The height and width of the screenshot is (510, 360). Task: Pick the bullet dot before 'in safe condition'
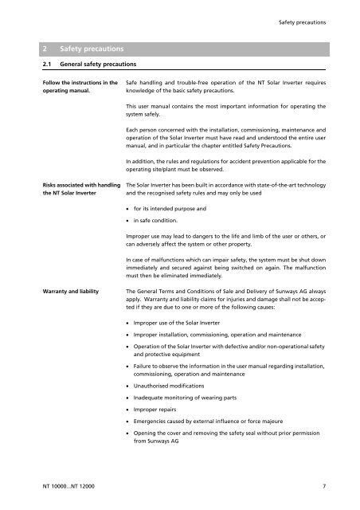129,220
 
